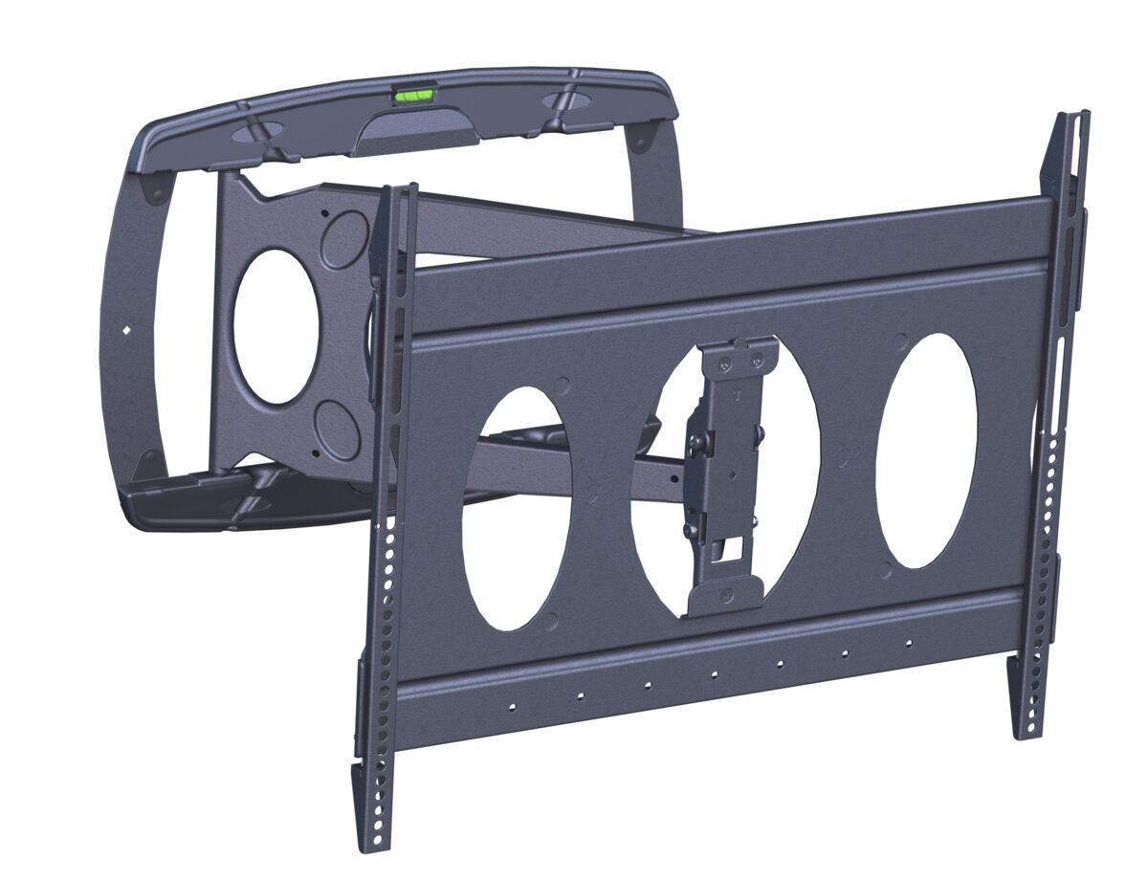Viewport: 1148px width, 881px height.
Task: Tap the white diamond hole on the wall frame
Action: [127, 331]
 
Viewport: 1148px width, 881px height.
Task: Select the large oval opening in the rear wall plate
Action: [276, 326]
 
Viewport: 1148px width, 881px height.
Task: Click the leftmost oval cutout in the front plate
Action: [517, 507]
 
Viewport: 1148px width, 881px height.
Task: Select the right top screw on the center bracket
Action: [758, 360]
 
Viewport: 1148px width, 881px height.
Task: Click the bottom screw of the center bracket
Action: [728, 594]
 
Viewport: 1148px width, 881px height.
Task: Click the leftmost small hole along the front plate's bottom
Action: [512, 709]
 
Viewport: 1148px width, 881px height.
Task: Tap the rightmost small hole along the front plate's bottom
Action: [908, 643]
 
